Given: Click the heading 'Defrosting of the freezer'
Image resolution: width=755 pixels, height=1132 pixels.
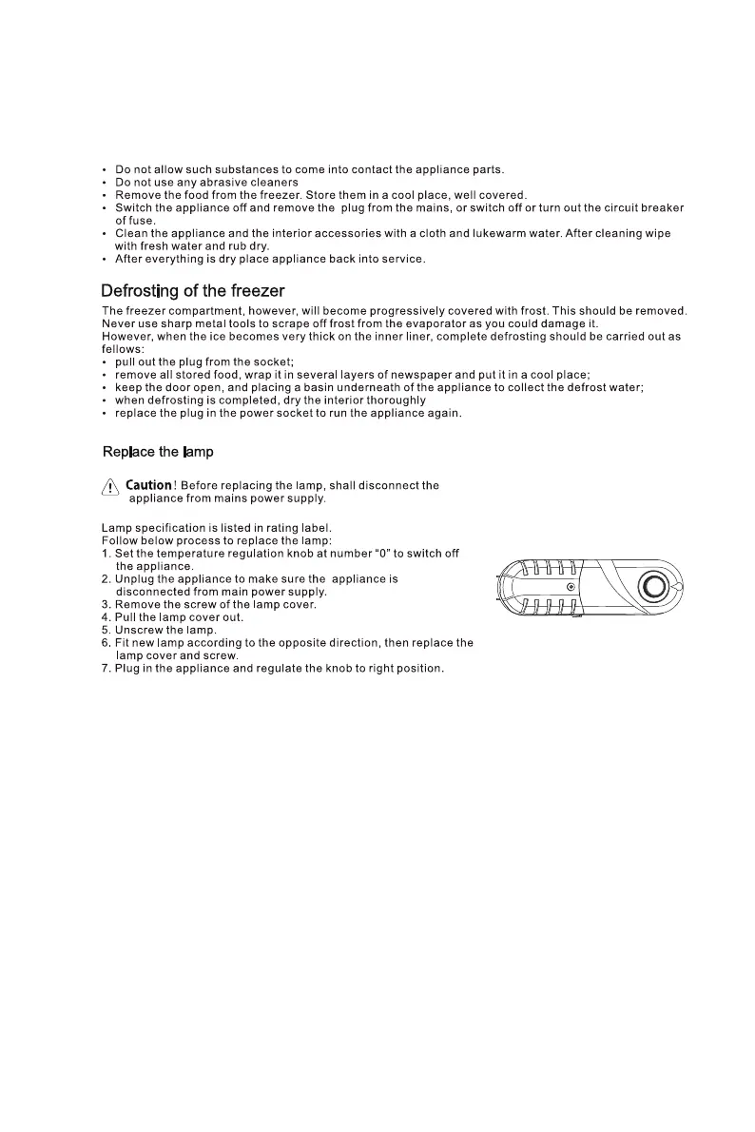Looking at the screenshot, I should click(193, 290).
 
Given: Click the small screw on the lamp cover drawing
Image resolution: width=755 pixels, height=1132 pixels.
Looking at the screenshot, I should click(570, 587).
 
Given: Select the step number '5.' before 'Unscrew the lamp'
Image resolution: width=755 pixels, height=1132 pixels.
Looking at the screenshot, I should click(106, 631).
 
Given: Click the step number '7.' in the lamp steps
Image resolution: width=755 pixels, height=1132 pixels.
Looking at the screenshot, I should click(106, 669).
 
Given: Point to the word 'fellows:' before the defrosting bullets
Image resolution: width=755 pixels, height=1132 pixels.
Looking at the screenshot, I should click(123, 349).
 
